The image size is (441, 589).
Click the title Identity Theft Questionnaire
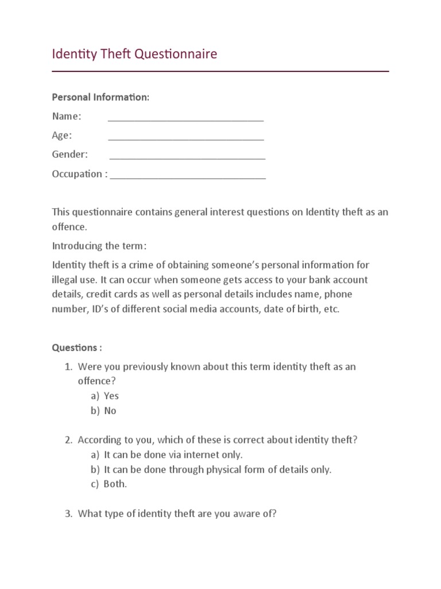(x=134, y=54)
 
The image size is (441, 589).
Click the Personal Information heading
(x=100, y=97)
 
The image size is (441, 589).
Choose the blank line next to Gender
(x=187, y=158)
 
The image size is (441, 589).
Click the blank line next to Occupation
(x=188, y=177)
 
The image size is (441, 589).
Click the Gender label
(x=70, y=154)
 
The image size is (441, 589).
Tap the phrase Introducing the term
(x=99, y=246)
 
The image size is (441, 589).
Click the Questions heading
(x=77, y=347)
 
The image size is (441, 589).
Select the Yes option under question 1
(x=111, y=396)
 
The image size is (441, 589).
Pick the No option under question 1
(x=110, y=411)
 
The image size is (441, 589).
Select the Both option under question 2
(x=115, y=484)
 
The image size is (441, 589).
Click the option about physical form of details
(x=217, y=469)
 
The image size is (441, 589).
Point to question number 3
(x=177, y=514)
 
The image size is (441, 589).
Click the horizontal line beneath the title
(x=220, y=71)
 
